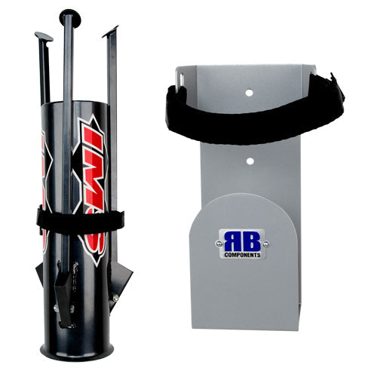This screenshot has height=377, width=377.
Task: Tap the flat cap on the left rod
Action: (44, 35)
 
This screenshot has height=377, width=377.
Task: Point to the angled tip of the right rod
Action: (111, 32)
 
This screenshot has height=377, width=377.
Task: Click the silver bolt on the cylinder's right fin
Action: (115, 299)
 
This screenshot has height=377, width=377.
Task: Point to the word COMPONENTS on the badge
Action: (242, 256)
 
